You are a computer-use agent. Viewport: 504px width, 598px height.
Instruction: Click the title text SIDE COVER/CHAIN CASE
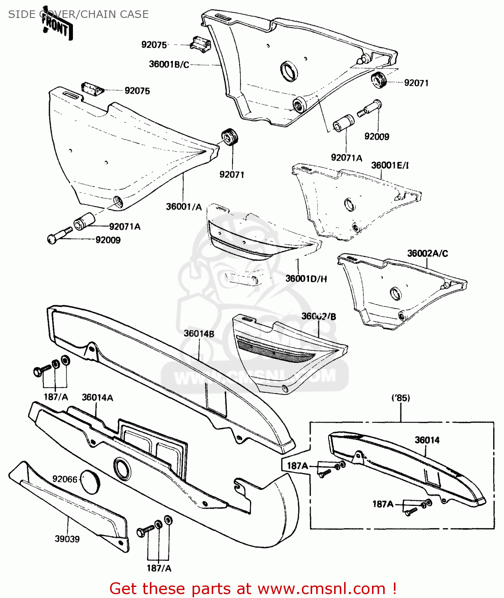[x=78, y=14]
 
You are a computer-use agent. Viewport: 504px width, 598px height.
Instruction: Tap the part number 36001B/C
[x=169, y=64]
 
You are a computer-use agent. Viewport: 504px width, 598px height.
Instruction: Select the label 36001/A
[x=184, y=207]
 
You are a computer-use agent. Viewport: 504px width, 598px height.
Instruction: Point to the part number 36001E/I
[x=390, y=165]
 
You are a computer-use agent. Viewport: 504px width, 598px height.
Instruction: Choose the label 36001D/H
[x=306, y=279]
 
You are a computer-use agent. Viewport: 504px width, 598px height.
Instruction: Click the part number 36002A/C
[x=427, y=254]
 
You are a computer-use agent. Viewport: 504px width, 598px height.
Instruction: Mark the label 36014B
[x=199, y=333]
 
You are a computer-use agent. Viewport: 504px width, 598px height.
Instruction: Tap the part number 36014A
[x=97, y=397]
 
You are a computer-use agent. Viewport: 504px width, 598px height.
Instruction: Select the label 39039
[x=67, y=539]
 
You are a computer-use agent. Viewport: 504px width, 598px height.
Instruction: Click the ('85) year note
[x=400, y=398]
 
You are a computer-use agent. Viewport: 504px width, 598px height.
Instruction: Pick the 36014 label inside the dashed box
[x=427, y=440]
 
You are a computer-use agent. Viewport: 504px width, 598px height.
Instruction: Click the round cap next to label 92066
[x=91, y=481]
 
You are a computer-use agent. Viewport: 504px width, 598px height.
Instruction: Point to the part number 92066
[x=65, y=479]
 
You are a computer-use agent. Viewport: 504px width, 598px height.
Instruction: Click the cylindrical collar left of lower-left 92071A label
[x=84, y=221]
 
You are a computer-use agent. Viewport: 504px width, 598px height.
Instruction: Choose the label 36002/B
[x=318, y=317]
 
